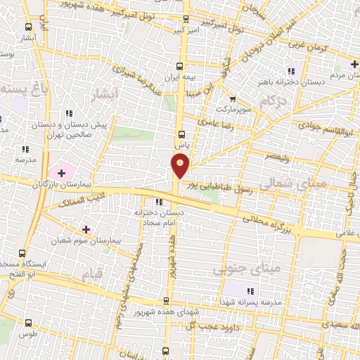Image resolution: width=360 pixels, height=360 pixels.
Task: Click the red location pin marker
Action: click(x=181, y=166)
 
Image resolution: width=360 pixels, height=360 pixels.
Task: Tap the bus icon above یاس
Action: click(x=182, y=133)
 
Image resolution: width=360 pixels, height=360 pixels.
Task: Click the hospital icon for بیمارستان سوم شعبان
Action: click(x=86, y=229)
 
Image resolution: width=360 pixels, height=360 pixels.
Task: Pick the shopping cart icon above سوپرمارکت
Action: click(x=232, y=99)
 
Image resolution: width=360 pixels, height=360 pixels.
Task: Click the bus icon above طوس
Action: click(x=28, y=323)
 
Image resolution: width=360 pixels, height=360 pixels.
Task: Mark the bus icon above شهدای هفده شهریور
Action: click(x=166, y=299)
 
